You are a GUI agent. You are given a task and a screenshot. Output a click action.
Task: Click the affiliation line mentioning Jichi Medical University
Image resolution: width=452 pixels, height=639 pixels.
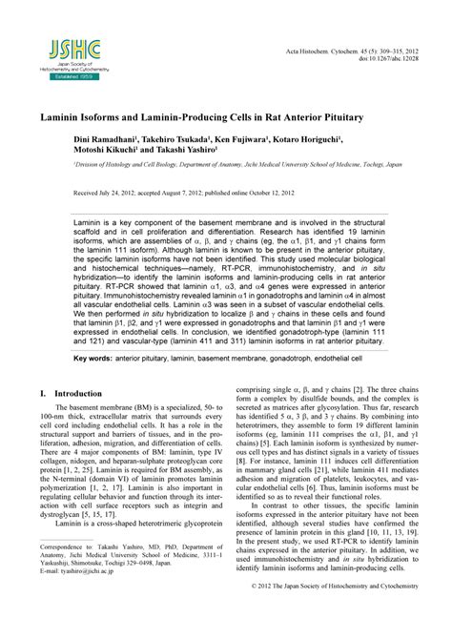(237, 165)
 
